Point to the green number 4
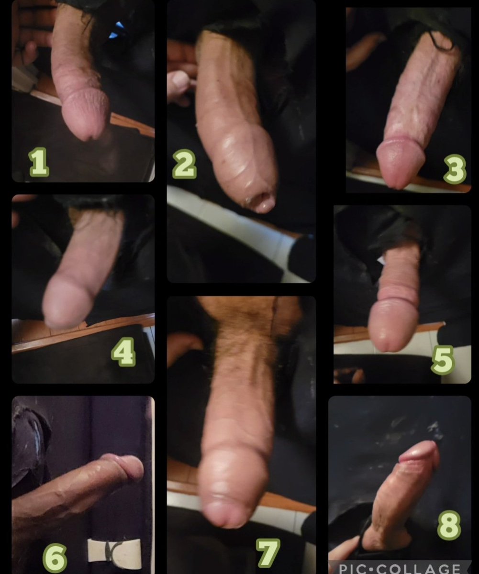click(x=123, y=353)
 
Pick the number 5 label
click(x=442, y=362)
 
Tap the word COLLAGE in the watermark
click(x=422, y=568)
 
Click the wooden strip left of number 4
click(x=57, y=337)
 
